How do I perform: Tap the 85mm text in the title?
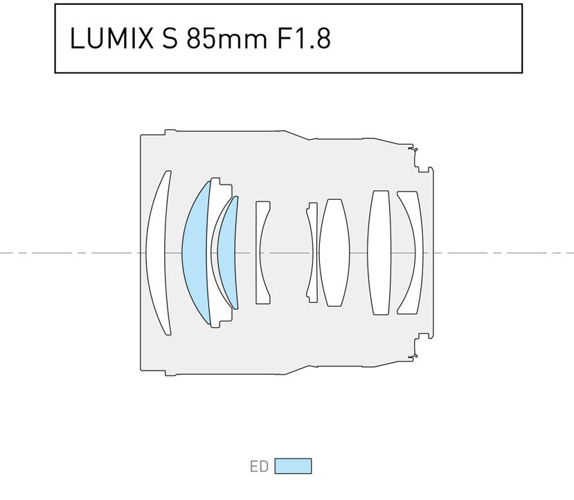(226, 38)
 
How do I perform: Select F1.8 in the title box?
(304, 38)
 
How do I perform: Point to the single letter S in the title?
(170, 38)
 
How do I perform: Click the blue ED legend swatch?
(293, 466)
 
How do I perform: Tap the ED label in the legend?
(259, 467)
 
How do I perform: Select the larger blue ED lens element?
(196, 252)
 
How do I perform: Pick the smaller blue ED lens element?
(227, 252)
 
